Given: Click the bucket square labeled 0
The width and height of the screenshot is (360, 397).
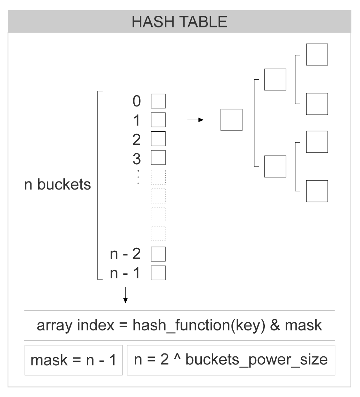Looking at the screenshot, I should click(x=159, y=101).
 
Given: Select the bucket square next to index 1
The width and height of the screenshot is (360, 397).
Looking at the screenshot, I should click(x=159, y=119).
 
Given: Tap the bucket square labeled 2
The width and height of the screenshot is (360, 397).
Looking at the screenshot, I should click(x=159, y=138).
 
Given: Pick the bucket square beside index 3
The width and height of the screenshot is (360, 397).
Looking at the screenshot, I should click(x=159, y=157).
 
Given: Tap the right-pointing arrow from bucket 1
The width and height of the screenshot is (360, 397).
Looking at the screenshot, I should click(x=195, y=120).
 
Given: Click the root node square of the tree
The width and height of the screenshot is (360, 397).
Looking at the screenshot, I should click(x=231, y=120).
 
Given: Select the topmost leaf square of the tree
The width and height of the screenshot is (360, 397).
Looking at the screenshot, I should click(x=317, y=55).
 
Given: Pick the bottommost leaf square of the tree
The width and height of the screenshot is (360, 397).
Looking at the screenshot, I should click(x=317, y=191).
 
